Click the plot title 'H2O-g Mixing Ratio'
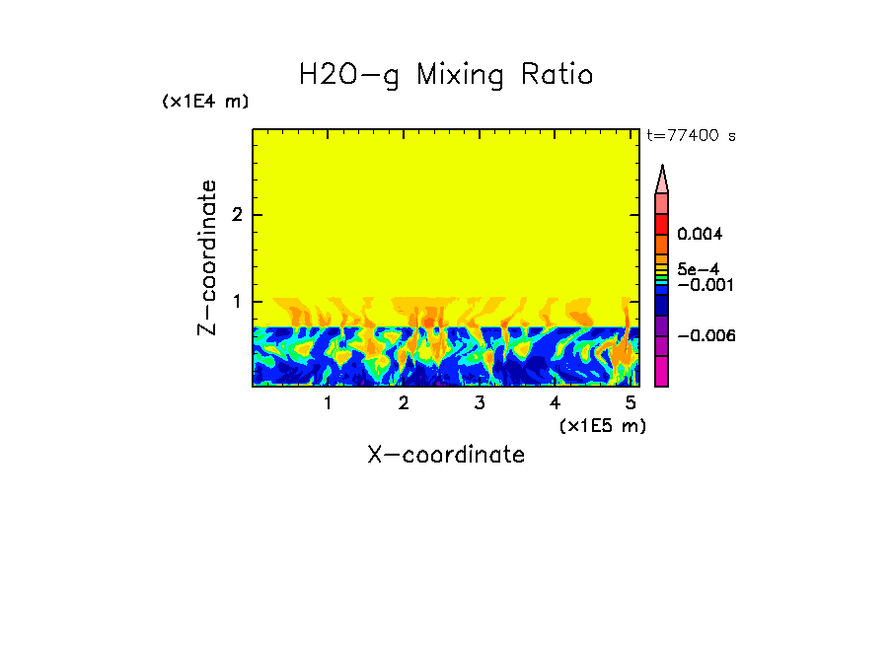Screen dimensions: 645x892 pyautogui.click(x=446, y=75)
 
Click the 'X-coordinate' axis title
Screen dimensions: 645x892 pyautogui.click(x=446, y=455)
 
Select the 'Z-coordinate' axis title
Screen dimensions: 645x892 pyautogui.click(x=207, y=257)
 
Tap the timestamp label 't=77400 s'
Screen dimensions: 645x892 pyautogui.click(x=691, y=136)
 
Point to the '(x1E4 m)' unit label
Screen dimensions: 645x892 pyautogui.click(x=205, y=102)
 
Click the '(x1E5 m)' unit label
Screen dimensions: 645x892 pyautogui.click(x=602, y=425)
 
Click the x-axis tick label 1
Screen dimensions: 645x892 pyautogui.click(x=328, y=402)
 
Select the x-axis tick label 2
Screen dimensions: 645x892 pyautogui.click(x=404, y=402)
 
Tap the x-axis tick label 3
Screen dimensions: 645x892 pyautogui.click(x=479, y=402)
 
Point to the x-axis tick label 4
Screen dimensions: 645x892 pyautogui.click(x=555, y=402)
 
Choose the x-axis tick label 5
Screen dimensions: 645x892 pyautogui.click(x=630, y=402)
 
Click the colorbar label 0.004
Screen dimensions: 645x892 pyautogui.click(x=700, y=235)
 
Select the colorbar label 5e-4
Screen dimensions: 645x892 pyautogui.click(x=698, y=268)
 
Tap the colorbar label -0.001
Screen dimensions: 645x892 pyautogui.click(x=703, y=285)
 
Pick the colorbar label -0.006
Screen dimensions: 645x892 pyautogui.click(x=703, y=336)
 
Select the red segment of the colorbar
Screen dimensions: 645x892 pyautogui.click(x=662, y=223)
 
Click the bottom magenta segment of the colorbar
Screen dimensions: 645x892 pyautogui.click(x=662, y=371)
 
